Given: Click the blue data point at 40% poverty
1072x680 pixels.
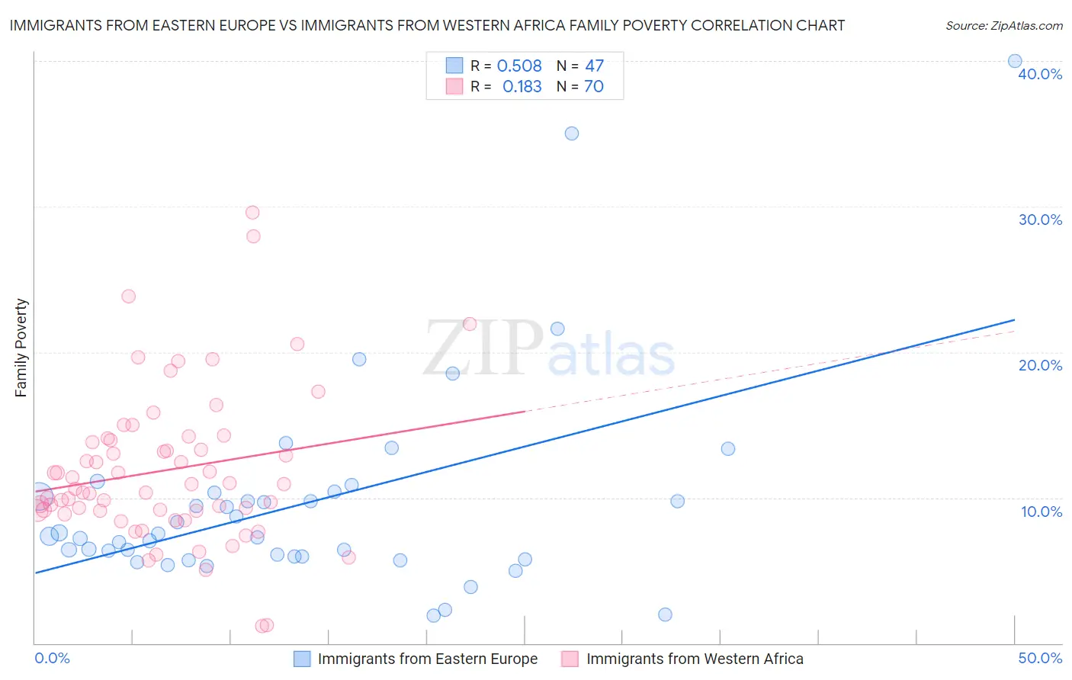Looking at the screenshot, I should (x=1015, y=61).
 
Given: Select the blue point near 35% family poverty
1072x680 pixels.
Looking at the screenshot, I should (x=572, y=133).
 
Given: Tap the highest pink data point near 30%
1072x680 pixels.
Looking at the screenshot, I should (x=252, y=213).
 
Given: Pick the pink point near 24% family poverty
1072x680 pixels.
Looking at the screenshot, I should (x=129, y=297).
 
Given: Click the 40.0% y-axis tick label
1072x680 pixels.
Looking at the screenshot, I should (x=1040, y=74).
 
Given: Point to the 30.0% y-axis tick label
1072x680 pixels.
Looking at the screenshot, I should (x=1040, y=220).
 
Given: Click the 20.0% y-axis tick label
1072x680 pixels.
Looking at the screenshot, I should (x=1040, y=365).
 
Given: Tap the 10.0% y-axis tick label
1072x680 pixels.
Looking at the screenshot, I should (x=1042, y=512).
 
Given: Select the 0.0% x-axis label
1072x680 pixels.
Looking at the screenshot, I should (x=52, y=658).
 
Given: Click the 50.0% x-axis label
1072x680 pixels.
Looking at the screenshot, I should (x=1040, y=658).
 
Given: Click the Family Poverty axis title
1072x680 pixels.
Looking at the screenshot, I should (x=21, y=348).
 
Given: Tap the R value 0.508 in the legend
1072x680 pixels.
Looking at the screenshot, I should (x=519, y=66).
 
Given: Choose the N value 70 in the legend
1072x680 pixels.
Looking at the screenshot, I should (x=594, y=87).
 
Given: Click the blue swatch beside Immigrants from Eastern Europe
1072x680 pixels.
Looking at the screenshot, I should (x=302, y=659).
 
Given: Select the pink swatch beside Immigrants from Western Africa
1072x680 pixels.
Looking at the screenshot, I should (x=570, y=659).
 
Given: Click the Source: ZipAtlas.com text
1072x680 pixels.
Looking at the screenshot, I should (x=1004, y=26).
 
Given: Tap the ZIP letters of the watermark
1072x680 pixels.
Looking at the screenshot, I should (x=483, y=348).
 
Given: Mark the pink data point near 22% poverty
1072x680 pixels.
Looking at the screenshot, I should (x=470, y=324).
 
